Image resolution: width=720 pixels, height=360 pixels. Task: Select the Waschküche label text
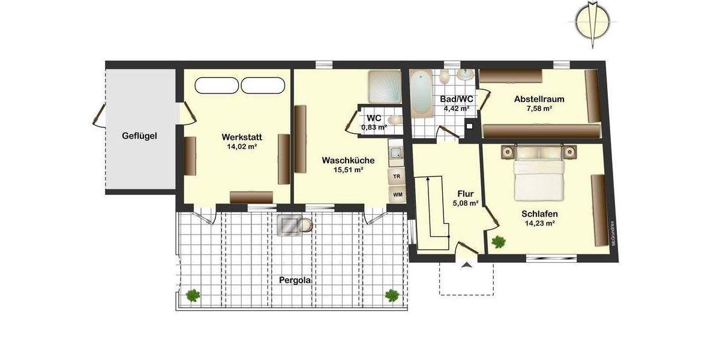pyautogui.click(x=348, y=160)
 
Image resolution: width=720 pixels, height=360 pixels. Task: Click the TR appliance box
pyautogui.click(x=397, y=176)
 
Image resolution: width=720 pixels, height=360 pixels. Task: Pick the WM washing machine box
pyautogui.click(x=397, y=194)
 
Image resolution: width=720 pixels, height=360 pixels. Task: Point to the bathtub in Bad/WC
pyautogui.click(x=421, y=93)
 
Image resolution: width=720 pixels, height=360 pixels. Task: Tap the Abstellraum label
pyautogui.click(x=539, y=99)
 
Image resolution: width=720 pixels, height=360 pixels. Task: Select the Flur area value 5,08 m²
pyautogui.click(x=466, y=203)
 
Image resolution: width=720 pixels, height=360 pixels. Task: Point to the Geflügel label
pyautogui.click(x=139, y=136)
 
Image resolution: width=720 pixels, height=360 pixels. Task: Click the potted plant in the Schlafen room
pyautogui.click(x=498, y=242)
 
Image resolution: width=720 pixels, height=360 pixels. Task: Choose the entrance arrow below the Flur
pyautogui.click(x=466, y=265)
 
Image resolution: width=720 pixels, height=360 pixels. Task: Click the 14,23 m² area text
pyautogui.click(x=539, y=223)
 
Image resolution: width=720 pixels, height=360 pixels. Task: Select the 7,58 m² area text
pyautogui.click(x=539, y=109)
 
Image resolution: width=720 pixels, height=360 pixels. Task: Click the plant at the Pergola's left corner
pyautogui.click(x=193, y=295)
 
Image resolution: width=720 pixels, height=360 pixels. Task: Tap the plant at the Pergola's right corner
pyautogui.click(x=392, y=295)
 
